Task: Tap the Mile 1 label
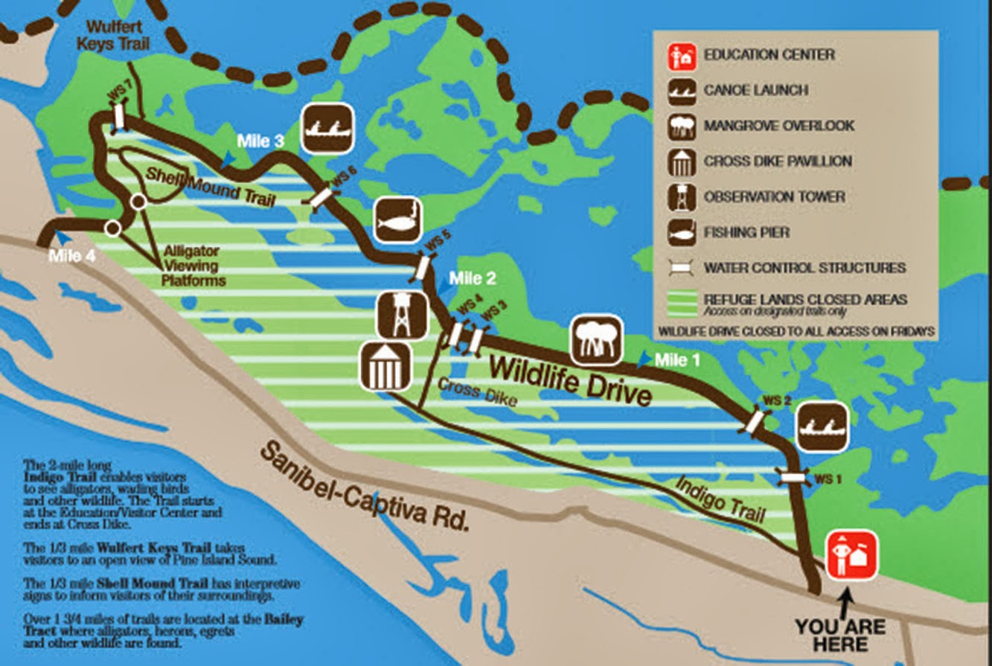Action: [x=677, y=361]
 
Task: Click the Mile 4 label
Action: [x=71, y=257]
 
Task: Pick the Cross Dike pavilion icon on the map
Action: [x=385, y=366]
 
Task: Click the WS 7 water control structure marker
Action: [x=119, y=117]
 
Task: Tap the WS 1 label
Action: [x=827, y=479]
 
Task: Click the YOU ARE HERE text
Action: [x=839, y=635]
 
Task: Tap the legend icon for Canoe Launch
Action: [x=680, y=91]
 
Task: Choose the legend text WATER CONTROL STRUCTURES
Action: [x=804, y=268]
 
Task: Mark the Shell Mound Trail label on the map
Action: [x=210, y=188]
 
